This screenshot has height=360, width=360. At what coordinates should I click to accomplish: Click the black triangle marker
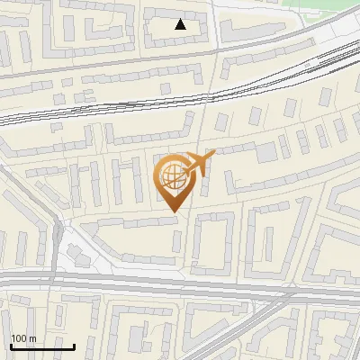point(181,24)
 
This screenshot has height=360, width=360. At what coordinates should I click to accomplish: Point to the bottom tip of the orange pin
point(172,211)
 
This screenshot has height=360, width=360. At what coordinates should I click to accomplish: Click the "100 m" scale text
point(23,338)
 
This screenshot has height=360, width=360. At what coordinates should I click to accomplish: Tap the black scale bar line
point(42,346)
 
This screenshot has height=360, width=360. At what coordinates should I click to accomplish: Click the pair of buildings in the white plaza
point(76,253)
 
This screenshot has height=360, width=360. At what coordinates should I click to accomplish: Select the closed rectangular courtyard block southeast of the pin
point(213,243)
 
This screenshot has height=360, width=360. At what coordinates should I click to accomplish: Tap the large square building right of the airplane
point(267,151)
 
